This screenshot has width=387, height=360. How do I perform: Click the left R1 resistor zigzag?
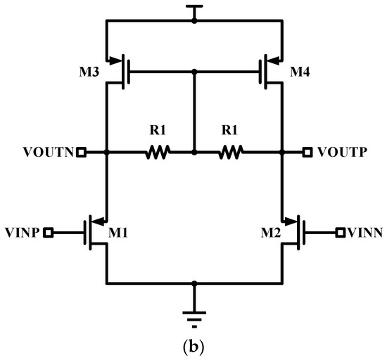(159, 151)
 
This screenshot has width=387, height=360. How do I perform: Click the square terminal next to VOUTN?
(81, 152)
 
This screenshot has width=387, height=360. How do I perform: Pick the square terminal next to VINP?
(49, 231)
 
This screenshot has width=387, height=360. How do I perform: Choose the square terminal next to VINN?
(339, 231)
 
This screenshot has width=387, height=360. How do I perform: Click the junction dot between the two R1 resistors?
(194, 151)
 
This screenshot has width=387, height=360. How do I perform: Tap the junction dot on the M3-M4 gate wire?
(194, 70)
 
